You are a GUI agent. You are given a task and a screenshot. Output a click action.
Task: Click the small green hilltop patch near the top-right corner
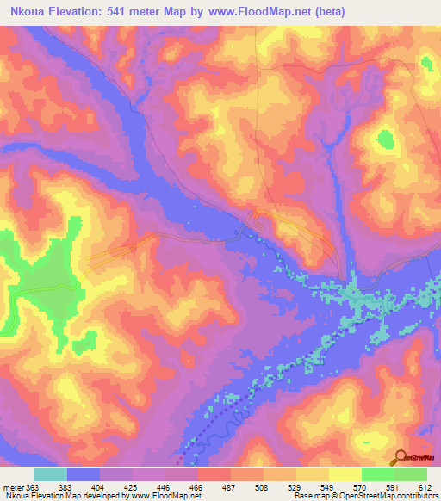click(x=426, y=62)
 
